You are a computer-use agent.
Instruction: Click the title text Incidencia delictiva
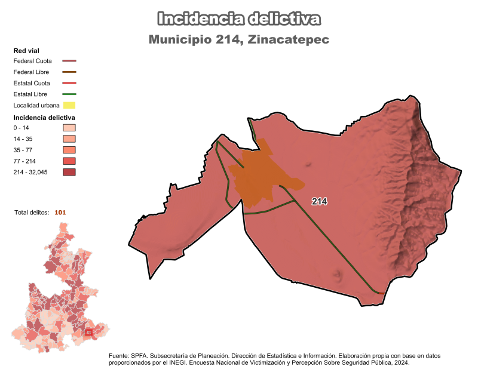coord(239,19)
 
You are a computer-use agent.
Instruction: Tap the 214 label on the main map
coord(320,202)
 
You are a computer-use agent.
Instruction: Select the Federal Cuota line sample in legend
coord(69,61)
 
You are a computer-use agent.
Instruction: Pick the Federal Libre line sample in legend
coord(69,72)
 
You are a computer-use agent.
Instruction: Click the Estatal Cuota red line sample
coord(69,83)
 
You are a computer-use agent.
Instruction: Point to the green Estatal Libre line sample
coord(69,94)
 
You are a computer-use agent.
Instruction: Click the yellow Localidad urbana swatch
coord(69,106)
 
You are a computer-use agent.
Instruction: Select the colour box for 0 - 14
coord(69,128)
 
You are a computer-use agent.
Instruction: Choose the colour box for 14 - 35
coord(69,139)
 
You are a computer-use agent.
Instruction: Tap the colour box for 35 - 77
coord(69,150)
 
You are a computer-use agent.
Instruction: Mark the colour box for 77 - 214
coord(69,161)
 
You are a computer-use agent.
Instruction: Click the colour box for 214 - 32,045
coord(69,173)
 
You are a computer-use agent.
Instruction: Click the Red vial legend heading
coord(26,51)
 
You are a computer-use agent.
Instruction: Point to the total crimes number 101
coord(60,212)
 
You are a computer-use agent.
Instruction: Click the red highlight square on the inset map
coord(88,333)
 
